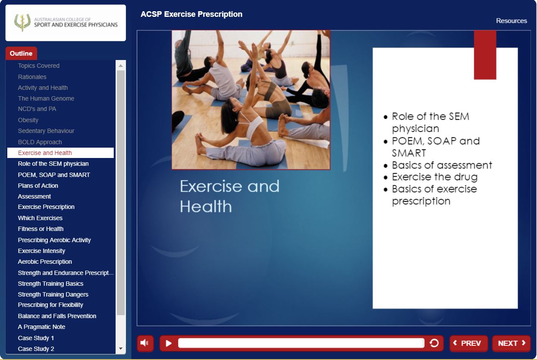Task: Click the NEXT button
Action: click(511, 343)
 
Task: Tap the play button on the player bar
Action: click(169, 343)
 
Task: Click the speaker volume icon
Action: click(145, 343)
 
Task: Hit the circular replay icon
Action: click(434, 343)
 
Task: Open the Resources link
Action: click(512, 21)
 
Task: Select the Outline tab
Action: click(21, 53)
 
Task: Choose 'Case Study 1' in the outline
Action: click(36, 338)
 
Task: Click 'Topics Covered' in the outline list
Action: click(38, 66)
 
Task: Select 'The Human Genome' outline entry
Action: click(46, 98)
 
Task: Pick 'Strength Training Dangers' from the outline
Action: click(53, 294)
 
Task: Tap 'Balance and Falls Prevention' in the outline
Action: click(57, 316)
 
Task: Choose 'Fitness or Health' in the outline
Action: click(41, 229)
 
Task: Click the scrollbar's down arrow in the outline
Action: click(121, 348)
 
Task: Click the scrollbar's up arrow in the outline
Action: click(121, 66)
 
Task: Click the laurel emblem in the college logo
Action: click(22, 22)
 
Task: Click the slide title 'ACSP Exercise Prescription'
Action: click(192, 14)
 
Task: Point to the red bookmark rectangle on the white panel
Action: click(485, 55)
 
